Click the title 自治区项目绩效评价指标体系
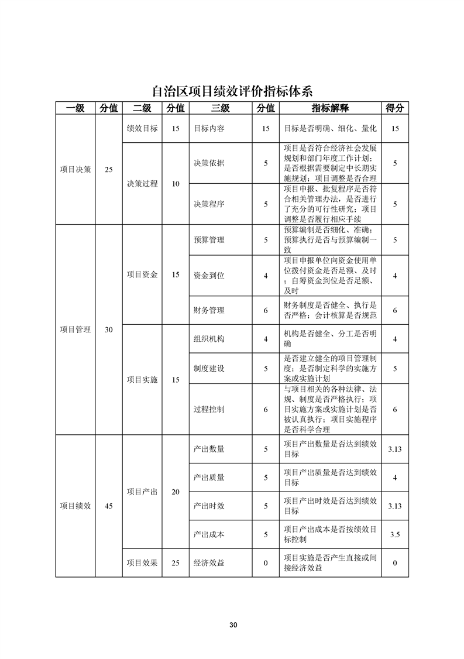232,91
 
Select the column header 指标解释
330,108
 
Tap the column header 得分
395,108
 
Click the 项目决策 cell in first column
75,170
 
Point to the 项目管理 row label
75,329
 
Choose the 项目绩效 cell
75,506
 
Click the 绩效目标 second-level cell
142,128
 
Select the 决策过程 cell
142,183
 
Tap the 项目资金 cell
142,275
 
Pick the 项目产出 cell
142,492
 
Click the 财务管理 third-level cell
209,310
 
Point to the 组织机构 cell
209,339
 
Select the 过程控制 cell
209,410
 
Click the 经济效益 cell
209,563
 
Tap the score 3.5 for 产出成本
395,535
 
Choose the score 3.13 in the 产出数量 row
395,449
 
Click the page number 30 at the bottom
233,626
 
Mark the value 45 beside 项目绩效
109,506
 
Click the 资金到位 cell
209,275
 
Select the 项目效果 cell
142,563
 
